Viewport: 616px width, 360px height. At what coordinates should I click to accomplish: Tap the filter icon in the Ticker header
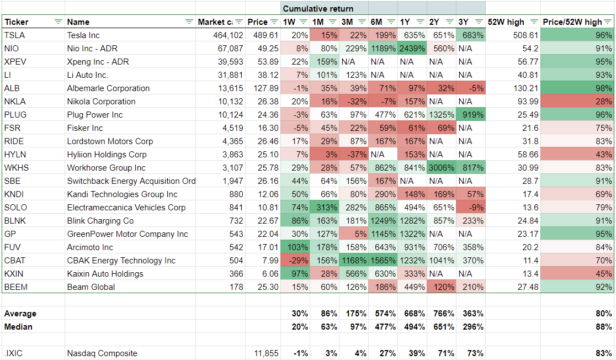58,22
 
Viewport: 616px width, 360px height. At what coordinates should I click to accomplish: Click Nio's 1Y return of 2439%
412,49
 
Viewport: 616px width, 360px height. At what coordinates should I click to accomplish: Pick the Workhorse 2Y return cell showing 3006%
441,168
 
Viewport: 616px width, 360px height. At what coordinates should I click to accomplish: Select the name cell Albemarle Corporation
108,88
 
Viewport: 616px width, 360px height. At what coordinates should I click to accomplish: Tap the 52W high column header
506,22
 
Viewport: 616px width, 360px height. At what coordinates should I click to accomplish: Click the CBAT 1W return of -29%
299,261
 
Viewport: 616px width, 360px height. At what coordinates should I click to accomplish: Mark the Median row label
18,327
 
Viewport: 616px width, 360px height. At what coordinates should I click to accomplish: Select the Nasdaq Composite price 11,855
263,353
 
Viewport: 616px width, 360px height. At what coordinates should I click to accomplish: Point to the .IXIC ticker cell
13,353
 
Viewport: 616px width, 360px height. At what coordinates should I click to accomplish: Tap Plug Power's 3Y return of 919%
471,115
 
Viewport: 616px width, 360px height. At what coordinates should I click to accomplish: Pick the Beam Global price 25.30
265,287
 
